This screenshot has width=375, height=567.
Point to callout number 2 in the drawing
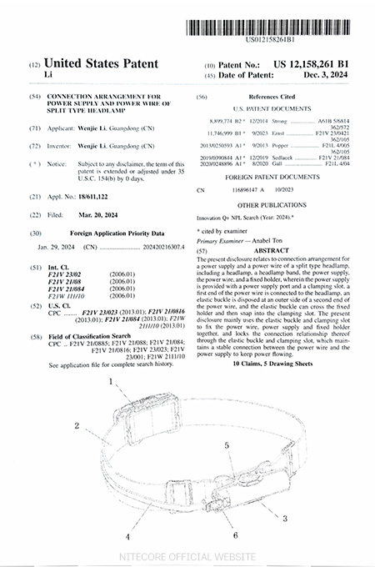click(76, 425)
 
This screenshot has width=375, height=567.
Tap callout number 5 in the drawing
click(227, 446)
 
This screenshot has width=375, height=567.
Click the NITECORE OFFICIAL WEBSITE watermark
click(187, 554)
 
